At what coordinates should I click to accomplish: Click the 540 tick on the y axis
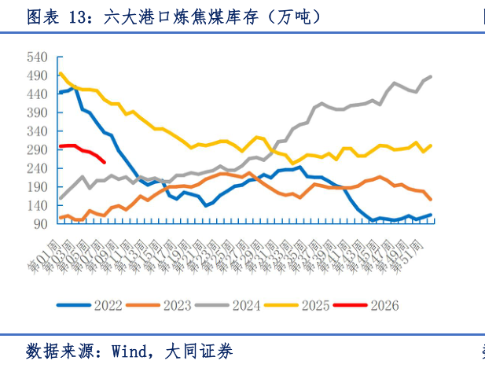click(37, 57)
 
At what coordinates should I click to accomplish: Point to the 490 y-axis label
click(37, 75)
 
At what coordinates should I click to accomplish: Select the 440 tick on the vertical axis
click(37, 94)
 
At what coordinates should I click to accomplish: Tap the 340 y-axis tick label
click(37, 131)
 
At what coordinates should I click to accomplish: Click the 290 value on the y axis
click(37, 150)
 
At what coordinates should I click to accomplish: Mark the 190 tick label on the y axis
click(37, 187)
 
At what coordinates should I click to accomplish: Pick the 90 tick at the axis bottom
click(40, 224)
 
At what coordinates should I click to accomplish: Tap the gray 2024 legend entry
click(252, 305)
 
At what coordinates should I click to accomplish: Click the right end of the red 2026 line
click(105, 163)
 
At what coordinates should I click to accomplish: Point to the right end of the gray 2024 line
click(431, 76)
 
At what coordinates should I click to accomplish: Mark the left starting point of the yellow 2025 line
click(61, 73)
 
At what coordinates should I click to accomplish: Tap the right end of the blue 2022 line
click(431, 215)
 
